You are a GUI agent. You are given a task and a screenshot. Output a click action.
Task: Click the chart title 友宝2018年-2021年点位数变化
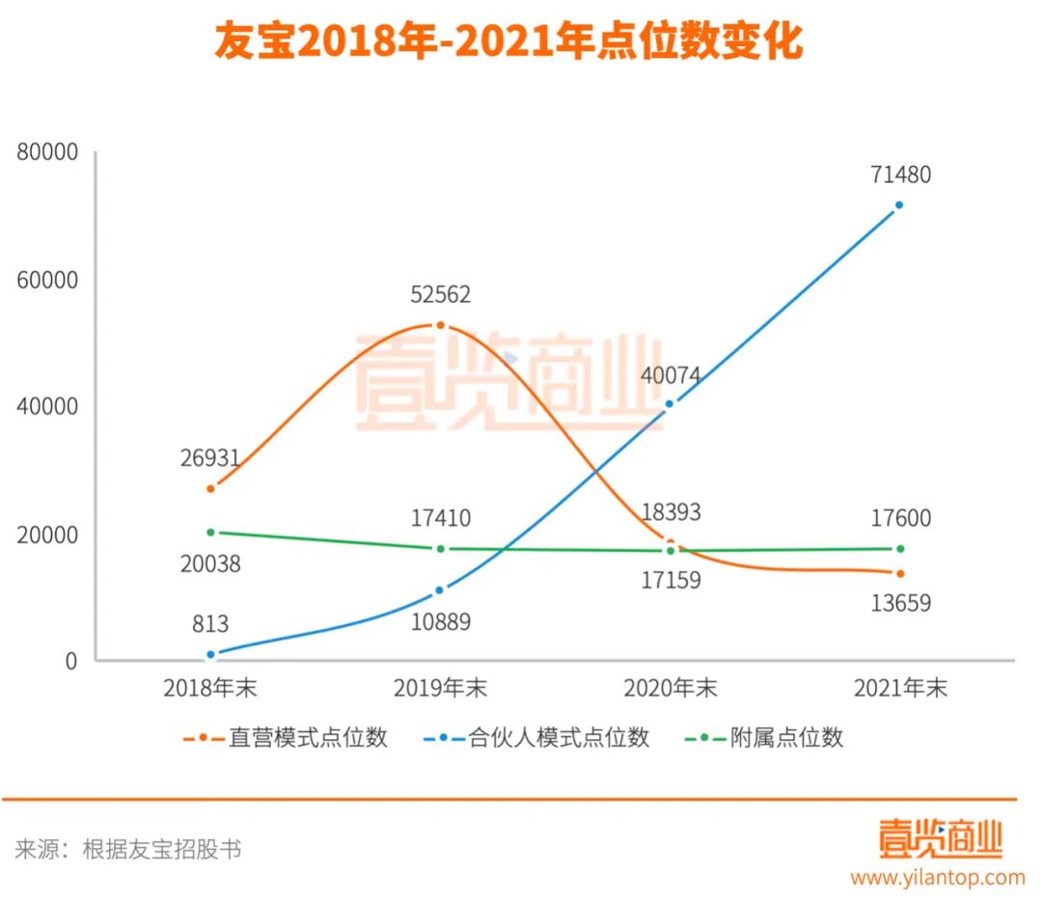click(x=508, y=43)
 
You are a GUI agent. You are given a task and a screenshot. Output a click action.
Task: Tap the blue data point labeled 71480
click(x=899, y=205)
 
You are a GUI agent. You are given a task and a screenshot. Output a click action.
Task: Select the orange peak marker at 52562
click(x=440, y=325)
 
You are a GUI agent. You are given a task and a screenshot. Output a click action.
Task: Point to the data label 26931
click(x=209, y=458)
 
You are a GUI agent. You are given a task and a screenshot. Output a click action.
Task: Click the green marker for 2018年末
click(x=210, y=532)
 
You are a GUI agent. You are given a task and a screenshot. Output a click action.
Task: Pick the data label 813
click(x=209, y=624)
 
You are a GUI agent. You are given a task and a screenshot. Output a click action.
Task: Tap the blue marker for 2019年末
click(x=440, y=589)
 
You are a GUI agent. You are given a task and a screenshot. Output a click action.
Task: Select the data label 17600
click(x=899, y=519)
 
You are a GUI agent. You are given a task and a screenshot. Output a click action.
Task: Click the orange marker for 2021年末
click(x=899, y=573)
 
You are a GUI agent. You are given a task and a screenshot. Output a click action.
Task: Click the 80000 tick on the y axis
click(x=46, y=152)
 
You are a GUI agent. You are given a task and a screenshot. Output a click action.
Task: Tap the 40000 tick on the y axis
click(x=46, y=406)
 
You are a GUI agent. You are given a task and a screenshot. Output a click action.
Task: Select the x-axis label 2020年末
click(x=670, y=688)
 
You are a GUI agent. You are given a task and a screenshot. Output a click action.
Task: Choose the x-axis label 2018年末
click(x=209, y=688)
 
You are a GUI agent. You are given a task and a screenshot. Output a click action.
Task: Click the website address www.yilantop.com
click(x=937, y=877)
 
